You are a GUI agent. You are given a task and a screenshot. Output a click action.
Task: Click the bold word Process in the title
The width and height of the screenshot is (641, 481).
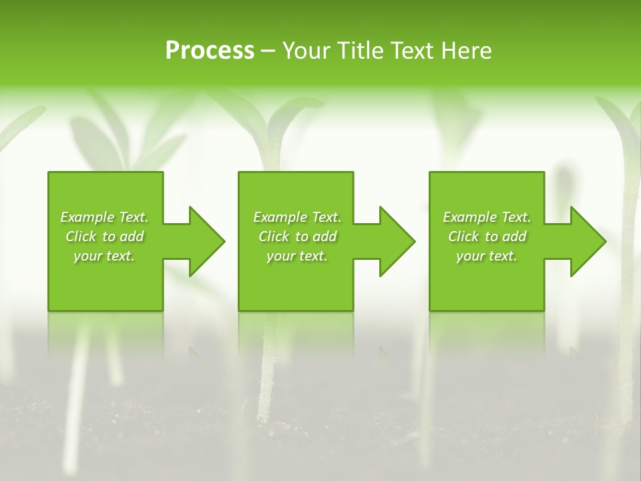coord(210,50)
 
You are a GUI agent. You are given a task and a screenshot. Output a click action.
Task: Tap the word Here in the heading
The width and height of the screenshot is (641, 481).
coord(467,50)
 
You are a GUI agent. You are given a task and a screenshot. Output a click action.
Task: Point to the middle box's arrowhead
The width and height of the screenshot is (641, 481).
coord(395,241)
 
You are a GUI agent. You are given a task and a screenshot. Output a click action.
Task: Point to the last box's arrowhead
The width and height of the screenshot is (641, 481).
coord(586,241)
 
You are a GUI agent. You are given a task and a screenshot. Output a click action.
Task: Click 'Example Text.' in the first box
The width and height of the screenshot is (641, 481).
coord(104,217)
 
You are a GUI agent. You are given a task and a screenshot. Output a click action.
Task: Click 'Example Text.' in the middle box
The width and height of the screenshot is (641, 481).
coord(297,217)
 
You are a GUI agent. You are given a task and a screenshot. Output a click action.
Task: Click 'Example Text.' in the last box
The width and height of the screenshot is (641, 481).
coord(487,217)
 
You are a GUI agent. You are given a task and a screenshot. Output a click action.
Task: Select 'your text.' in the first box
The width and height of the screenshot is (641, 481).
coord(104,256)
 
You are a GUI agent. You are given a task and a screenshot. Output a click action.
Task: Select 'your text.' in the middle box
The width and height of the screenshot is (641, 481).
coord(297,256)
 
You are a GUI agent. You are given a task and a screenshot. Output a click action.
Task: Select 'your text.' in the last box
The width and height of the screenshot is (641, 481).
coord(487,256)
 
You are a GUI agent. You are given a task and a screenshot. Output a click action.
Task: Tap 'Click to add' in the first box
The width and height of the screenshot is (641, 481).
coord(105,236)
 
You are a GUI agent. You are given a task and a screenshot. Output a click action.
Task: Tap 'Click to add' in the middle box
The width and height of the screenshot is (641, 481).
coord(298,236)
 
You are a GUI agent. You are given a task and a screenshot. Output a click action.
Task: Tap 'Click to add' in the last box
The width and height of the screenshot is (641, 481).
coord(487,236)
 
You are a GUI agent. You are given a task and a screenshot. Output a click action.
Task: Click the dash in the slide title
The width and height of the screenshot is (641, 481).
coord(268,51)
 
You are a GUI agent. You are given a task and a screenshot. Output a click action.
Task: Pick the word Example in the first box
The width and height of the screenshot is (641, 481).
coord(87,217)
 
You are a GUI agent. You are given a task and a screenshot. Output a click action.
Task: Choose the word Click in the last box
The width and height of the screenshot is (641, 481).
coord(463,236)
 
